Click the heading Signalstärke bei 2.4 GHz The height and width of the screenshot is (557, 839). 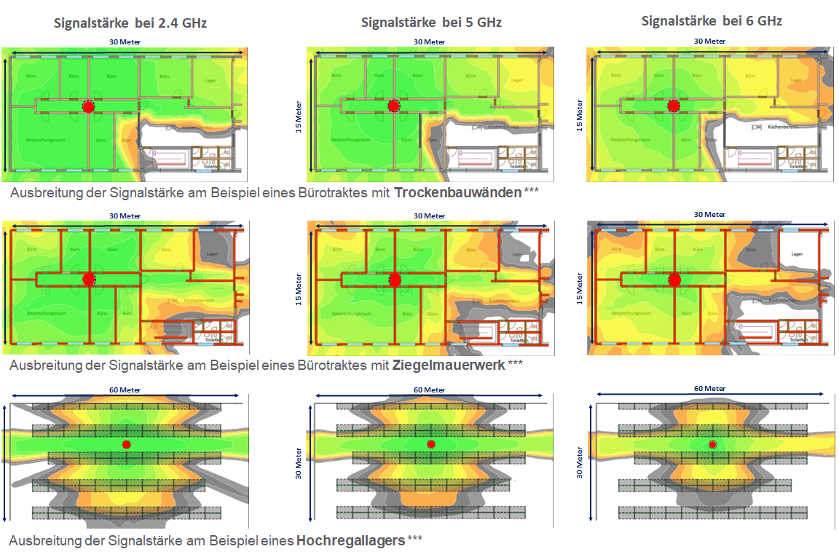131,23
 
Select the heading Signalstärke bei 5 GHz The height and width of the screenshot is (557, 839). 431,23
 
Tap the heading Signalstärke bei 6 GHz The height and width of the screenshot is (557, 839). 712,21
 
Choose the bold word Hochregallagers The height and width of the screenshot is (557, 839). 350,540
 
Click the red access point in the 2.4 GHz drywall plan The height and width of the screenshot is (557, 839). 89,106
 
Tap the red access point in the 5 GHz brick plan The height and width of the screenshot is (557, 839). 395,280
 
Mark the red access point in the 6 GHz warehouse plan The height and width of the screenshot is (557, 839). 712,444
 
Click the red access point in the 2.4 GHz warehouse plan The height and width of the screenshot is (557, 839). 127,444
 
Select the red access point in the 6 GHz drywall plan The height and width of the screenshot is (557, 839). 674,106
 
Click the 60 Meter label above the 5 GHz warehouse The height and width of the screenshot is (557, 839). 428,390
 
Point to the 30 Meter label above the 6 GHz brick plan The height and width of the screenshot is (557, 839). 709,214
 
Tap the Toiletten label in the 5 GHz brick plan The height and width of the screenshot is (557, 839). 518,340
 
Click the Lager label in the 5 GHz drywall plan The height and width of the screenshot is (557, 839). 516,81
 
